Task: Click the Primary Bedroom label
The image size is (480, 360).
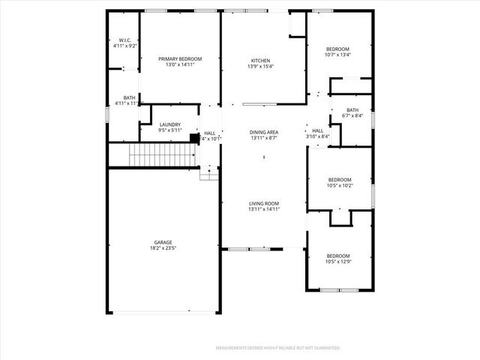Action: (x=179, y=58)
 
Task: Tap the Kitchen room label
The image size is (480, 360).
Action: (x=260, y=61)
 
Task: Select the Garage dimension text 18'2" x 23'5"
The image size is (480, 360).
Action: (x=163, y=248)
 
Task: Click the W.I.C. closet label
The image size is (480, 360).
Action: (x=124, y=40)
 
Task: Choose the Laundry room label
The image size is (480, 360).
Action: (x=169, y=124)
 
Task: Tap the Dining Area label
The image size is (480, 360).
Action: (x=264, y=132)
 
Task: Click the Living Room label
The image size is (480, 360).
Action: (x=264, y=203)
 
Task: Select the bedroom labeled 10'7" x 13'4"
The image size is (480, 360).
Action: (x=337, y=49)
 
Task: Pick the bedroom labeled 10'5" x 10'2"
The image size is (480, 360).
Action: (x=340, y=179)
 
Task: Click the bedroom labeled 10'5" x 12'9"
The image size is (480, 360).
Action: (x=338, y=256)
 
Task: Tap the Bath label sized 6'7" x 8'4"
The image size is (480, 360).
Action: (x=352, y=110)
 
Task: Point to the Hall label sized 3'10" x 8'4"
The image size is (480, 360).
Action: (x=318, y=130)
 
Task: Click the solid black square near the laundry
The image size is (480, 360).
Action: (x=194, y=137)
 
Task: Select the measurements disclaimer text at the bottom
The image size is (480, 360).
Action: (x=277, y=348)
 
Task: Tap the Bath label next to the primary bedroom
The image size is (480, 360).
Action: (x=130, y=97)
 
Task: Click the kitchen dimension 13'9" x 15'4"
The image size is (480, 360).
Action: (x=260, y=67)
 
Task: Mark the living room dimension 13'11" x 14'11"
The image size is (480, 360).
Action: (x=264, y=209)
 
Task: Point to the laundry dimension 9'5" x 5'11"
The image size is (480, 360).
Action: (x=169, y=130)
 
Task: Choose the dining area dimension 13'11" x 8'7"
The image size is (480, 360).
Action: (x=264, y=138)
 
